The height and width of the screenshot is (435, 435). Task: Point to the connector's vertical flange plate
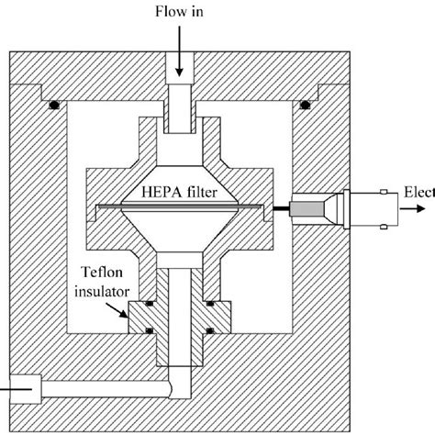(346, 210)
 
